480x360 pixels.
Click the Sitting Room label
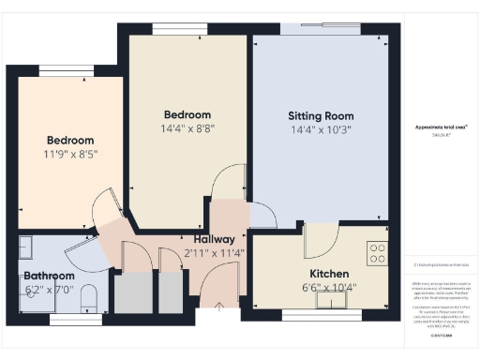(x=319, y=116)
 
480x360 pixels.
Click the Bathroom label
(x=49, y=277)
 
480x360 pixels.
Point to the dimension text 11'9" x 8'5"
(x=70, y=153)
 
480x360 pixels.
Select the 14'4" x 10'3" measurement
(x=319, y=130)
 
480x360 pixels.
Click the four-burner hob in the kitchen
(x=378, y=253)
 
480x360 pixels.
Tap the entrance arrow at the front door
(x=218, y=306)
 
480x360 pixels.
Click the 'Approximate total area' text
(x=441, y=127)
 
